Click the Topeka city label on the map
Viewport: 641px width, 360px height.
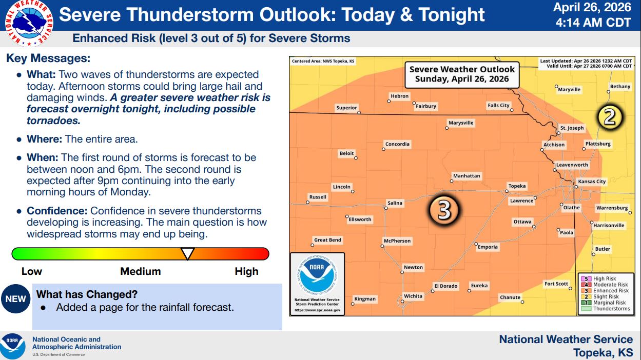pos(517,186)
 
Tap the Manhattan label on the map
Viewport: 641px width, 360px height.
pos(467,176)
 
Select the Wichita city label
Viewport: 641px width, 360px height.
pos(413,296)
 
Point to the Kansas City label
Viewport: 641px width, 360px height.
pos(592,182)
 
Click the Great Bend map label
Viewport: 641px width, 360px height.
pos(327,240)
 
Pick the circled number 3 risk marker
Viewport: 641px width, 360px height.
pos(444,210)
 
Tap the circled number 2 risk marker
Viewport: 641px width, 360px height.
pos(610,117)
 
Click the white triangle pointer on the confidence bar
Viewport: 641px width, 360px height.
pos(188,253)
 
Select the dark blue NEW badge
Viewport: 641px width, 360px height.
pos(16,298)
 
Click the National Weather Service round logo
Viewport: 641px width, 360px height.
pos(29,24)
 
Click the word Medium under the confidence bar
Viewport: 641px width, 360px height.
pos(141,271)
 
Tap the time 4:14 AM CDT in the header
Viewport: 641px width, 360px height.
pos(593,22)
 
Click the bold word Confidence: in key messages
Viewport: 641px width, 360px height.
pos(57,211)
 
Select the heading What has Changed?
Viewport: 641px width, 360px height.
pos(87,294)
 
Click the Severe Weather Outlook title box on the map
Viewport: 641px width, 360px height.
pos(462,74)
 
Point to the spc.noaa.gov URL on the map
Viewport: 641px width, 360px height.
pos(317,310)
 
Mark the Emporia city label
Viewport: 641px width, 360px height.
pos(488,247)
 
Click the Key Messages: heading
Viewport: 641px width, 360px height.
pos(48,58)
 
